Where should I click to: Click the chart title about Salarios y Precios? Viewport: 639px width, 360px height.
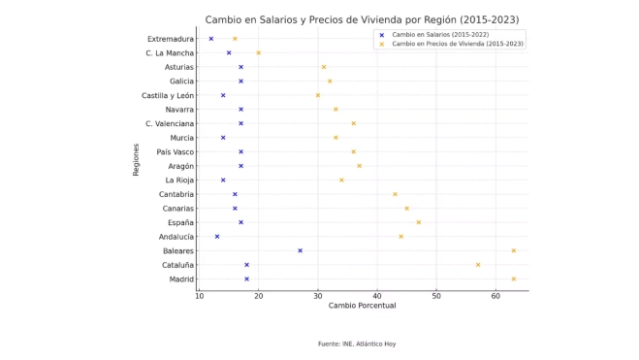tap(362, 19)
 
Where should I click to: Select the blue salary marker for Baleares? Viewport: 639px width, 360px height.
tap(300, 250)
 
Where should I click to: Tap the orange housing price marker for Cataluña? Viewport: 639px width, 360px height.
tap(478, 265)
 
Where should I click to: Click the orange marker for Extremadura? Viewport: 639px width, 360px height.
tap(235, 39)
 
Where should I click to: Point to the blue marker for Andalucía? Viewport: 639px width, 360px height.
tap(217, 237)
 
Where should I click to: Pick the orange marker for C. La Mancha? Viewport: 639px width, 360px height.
tap(258, 53)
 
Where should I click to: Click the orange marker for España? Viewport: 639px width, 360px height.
tap(419, 222)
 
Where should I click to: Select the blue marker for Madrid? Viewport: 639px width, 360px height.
tap(246, 278)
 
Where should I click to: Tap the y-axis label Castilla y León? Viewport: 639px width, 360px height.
tap(168, 95)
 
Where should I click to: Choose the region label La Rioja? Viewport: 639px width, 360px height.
tap(179, 180)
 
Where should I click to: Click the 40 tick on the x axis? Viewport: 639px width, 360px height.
tap(376, 296)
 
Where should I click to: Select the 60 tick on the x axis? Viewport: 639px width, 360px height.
tap(495, 296)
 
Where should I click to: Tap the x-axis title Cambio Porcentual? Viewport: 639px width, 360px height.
tap(362, 307)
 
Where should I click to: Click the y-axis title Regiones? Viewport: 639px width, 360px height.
tap(137, 159)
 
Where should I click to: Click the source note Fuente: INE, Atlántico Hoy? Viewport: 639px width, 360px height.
tap(357, 344)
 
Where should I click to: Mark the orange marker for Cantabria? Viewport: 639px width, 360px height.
tap(395, 194)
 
